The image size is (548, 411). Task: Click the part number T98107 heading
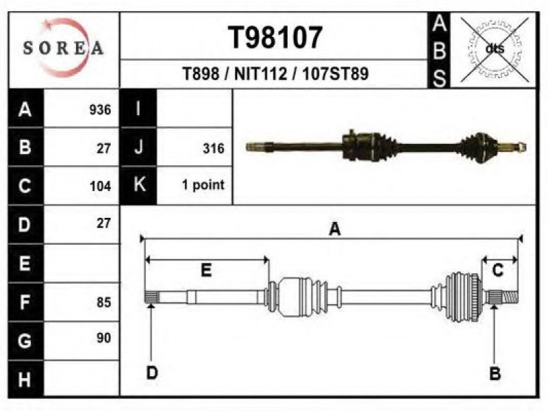275,38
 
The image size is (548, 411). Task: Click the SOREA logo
64,47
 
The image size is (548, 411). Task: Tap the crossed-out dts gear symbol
495,49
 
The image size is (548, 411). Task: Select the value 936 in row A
100,110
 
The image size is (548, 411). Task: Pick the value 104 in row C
100,186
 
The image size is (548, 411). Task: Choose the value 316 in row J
214,148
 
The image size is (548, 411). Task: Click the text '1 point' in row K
203,184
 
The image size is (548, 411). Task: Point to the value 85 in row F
104,302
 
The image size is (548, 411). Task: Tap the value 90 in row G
104,338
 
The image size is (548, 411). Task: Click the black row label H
25,379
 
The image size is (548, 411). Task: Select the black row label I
138,108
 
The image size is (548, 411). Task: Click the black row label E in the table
25,263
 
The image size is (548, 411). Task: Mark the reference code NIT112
260,74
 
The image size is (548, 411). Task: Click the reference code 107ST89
336,74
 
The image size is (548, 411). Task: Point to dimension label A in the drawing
335,229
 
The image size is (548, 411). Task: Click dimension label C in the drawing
498,271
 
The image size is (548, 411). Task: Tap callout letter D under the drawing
152,373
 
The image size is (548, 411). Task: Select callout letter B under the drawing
495,373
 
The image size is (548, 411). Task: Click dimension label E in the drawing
206,271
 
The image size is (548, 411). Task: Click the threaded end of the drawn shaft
510,297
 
